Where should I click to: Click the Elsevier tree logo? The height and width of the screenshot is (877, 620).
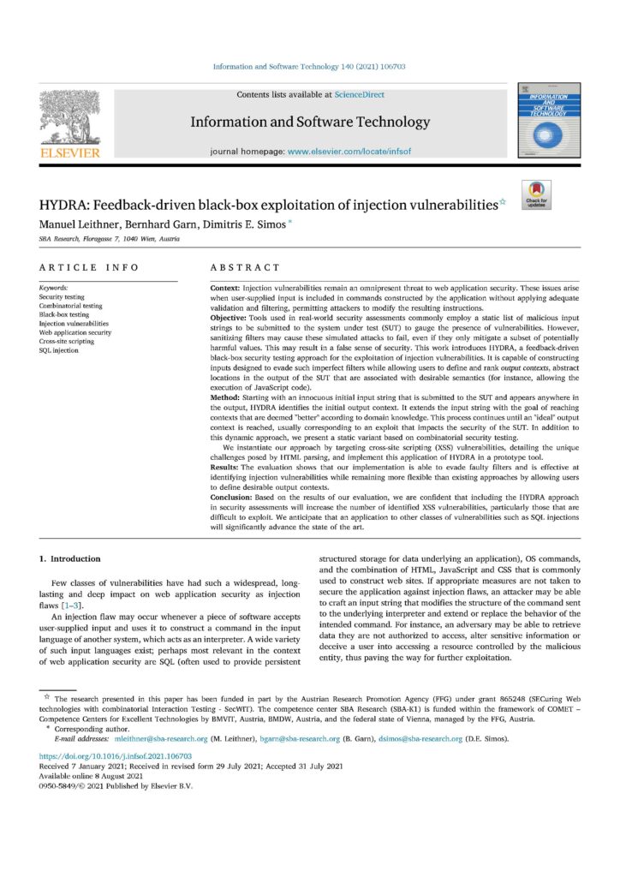[x=70, y=121]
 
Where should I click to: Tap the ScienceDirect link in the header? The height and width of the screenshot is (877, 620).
[x=360, y=94]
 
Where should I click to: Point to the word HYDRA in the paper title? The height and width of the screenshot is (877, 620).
[x=64, y=206]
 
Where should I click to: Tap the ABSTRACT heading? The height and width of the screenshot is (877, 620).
[x=245, y=268]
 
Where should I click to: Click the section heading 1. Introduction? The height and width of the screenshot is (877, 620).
[x=71, y=559]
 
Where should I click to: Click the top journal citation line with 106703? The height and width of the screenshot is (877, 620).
[x=309, y=67]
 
